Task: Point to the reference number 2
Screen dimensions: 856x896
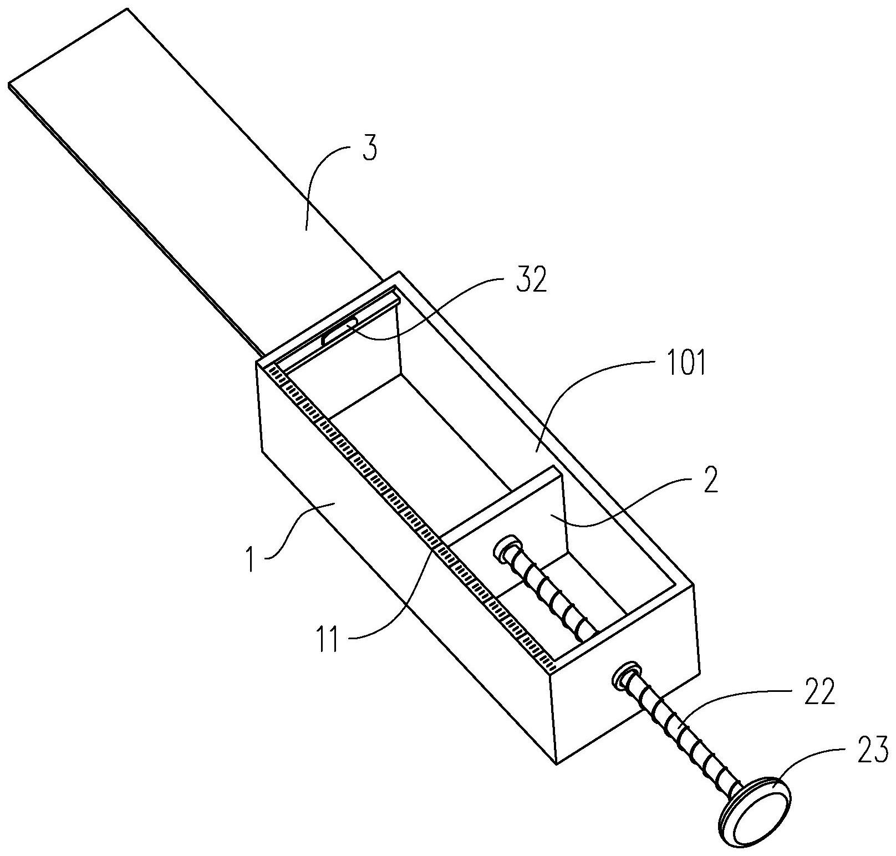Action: (x=710, y=481)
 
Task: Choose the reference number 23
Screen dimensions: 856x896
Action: (x=873, y=753)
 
